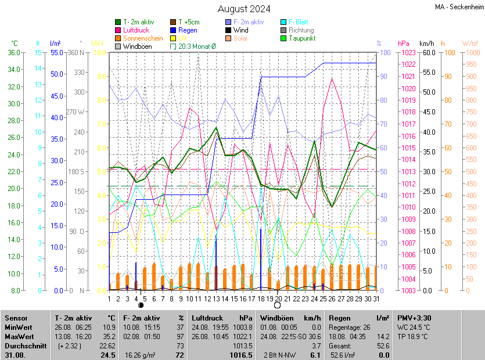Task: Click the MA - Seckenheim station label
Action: pos(459,7)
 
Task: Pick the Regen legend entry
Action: pos(188,30)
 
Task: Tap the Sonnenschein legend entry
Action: pos(143,38)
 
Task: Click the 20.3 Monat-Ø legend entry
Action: pos(196,46)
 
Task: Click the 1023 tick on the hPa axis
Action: pos(407,53)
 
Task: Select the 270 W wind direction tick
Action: pos(76,112)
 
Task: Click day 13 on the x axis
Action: pos(216,298)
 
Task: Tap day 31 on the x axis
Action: pos(376,298)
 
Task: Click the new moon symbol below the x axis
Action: pos(141,305)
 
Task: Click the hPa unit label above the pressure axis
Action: pos(403,44)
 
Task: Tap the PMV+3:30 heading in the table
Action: pos(414,318)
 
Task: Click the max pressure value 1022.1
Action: pos(243,337)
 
